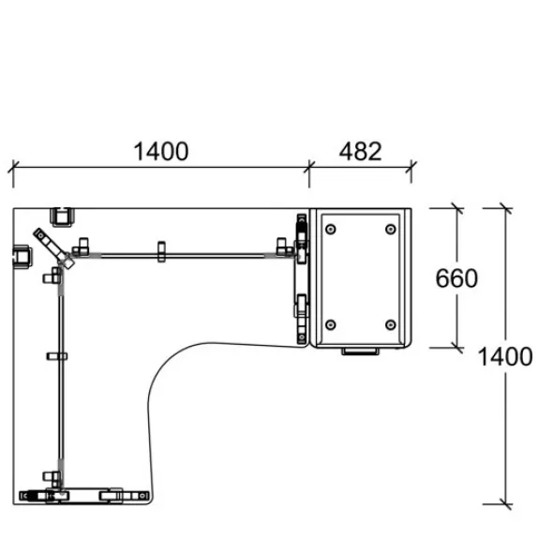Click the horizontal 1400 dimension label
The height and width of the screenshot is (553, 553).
point(161,152)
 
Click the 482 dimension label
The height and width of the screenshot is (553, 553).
point(361,152)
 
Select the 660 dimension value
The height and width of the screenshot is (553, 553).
point(456,278)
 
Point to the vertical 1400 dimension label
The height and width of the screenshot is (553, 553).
point(504,356)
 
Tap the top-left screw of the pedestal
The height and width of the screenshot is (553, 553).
point(331,230)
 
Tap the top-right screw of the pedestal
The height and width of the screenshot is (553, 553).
point(391,230)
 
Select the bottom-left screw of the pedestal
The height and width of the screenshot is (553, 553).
point(331,324)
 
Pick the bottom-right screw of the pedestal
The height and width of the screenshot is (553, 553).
point(391,324)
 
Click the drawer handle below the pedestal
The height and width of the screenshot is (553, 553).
point(360,351)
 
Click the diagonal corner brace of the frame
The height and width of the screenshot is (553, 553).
point(53,248)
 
